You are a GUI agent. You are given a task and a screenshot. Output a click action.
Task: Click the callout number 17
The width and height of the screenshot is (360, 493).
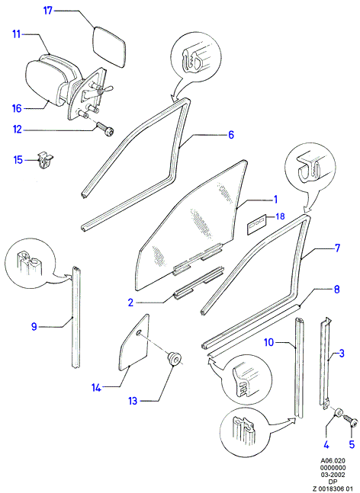[47, 11]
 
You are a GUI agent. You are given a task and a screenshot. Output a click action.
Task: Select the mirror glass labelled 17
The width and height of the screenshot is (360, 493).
[110, 47]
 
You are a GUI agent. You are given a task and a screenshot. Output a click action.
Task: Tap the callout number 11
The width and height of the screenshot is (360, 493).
[17, 34]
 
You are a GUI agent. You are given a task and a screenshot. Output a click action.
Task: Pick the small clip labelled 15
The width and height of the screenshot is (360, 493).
[45, 159]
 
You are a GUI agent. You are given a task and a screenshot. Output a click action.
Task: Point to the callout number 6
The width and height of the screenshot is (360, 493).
[231, 135]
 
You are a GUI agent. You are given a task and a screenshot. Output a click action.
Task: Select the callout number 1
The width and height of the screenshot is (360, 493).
[275, 200]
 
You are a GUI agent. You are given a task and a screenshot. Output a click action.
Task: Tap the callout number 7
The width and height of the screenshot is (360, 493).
[337, 248]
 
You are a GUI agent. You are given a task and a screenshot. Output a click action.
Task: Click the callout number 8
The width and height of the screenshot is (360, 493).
[336, 290]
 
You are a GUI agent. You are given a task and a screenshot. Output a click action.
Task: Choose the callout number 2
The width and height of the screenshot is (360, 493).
[130, 303]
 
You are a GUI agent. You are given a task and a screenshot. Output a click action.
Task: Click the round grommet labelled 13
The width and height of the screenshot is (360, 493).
[175, 359]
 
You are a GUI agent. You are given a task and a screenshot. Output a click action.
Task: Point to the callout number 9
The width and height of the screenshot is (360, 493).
[34, 327]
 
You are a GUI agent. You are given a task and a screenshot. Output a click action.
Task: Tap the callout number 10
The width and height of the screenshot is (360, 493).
[269, 342]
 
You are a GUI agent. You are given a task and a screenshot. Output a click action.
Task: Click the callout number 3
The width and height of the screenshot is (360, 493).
[342, 353]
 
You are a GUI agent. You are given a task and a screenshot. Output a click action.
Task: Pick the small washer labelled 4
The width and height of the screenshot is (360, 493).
[339, 412]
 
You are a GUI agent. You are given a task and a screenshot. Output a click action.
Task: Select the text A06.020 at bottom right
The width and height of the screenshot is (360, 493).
[333, 460]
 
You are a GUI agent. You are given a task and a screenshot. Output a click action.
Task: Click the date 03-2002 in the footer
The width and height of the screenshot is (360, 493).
[333, 475]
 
